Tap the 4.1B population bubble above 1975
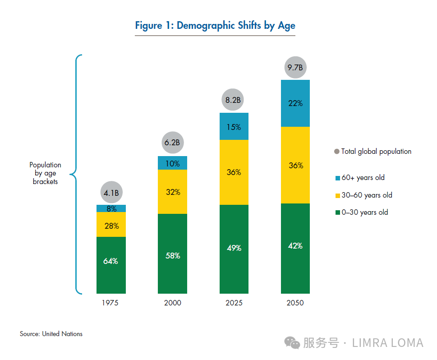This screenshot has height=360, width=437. [111, 192]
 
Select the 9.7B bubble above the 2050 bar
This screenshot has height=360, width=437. [295, 68]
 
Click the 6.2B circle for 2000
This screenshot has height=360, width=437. [173, 143]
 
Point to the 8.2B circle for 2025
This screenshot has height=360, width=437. [233, 100]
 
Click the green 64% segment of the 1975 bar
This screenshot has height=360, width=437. [111, 265]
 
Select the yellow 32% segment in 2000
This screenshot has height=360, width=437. [172, 192]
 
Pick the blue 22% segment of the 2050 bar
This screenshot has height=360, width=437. [295, 103]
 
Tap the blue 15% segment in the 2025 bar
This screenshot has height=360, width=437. [234, 126]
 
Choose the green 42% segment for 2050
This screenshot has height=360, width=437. [295, 249]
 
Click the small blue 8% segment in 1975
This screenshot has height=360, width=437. [111, 208]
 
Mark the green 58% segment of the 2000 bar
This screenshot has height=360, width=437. [172, 254]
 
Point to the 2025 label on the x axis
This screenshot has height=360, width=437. [234, 303]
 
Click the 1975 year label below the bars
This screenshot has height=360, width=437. [110, 303]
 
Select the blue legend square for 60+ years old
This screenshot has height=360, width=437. [337, 178]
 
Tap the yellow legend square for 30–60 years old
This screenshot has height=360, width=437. [337, 196]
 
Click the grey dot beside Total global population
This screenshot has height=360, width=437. [337, 152]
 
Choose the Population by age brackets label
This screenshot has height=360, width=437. [45, 173]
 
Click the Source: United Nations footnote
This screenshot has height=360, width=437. [51, 334]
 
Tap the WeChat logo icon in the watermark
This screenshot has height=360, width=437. [292, 343]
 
